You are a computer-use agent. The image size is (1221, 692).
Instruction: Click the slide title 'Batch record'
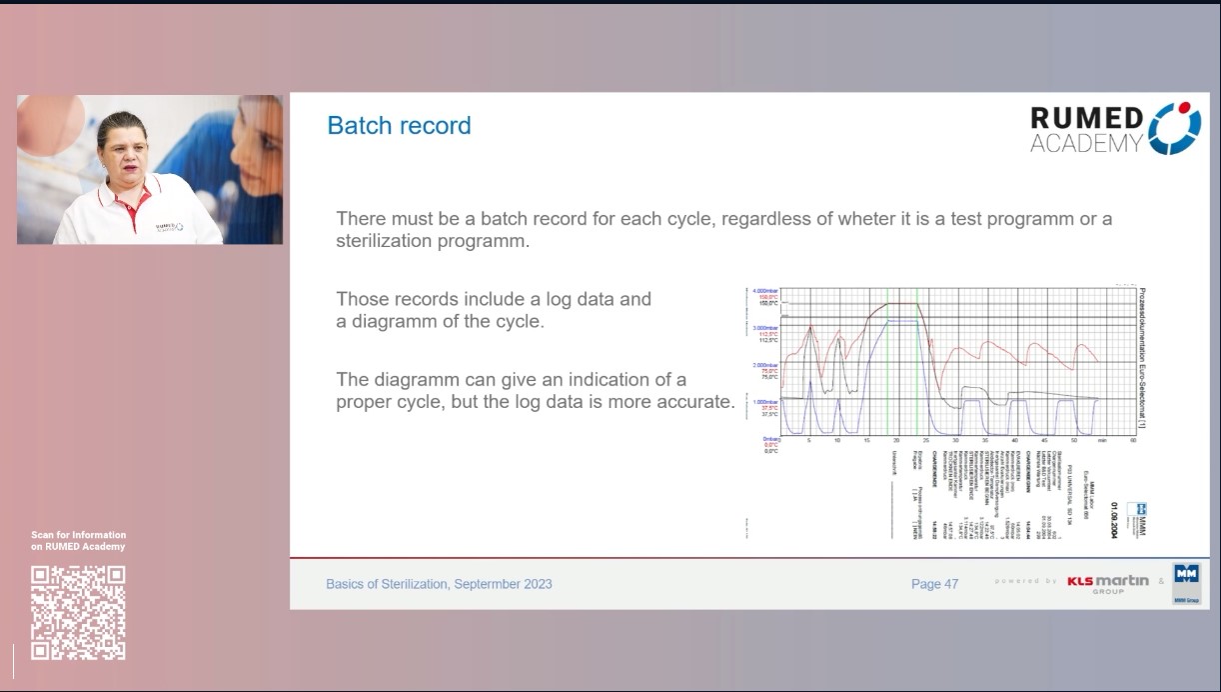click(399, 126)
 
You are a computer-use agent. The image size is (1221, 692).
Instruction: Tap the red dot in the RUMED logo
click(1184, 107)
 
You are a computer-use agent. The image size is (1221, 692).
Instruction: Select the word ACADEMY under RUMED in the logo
click(1086, 144)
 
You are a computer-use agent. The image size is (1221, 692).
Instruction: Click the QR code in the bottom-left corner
click(78, 613)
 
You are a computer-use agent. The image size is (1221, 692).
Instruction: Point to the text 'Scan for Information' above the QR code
click(78, 535)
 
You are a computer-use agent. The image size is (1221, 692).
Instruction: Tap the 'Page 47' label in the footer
click(934, 584)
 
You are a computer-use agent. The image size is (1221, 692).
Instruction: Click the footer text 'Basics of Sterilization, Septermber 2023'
click(439, 584)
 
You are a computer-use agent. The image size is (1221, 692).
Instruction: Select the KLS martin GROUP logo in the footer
click(1107, 583)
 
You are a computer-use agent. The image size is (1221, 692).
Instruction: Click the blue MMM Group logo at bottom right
click(1187, 583)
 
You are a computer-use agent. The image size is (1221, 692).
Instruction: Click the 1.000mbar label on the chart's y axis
click(764, 402)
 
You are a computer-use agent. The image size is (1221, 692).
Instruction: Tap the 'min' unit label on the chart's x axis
click(1102, 440)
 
